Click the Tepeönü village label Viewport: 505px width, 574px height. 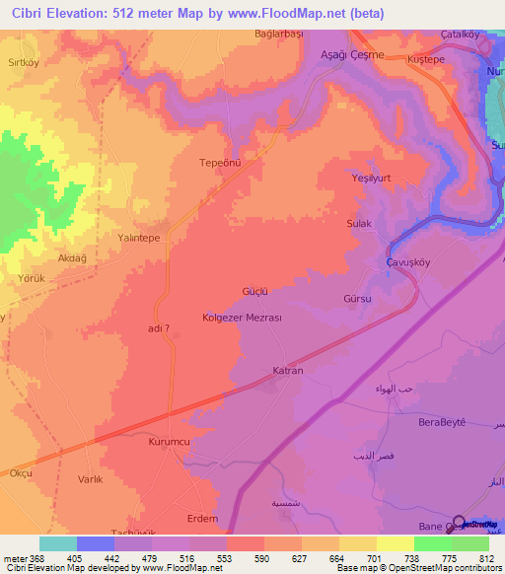[220, 163]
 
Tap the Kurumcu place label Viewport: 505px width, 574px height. [168, 443]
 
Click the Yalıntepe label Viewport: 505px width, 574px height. [139, 238]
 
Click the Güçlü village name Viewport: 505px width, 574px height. [256, 291]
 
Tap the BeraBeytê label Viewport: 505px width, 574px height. [441, 421]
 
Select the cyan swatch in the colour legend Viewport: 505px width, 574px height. [58, 543]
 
